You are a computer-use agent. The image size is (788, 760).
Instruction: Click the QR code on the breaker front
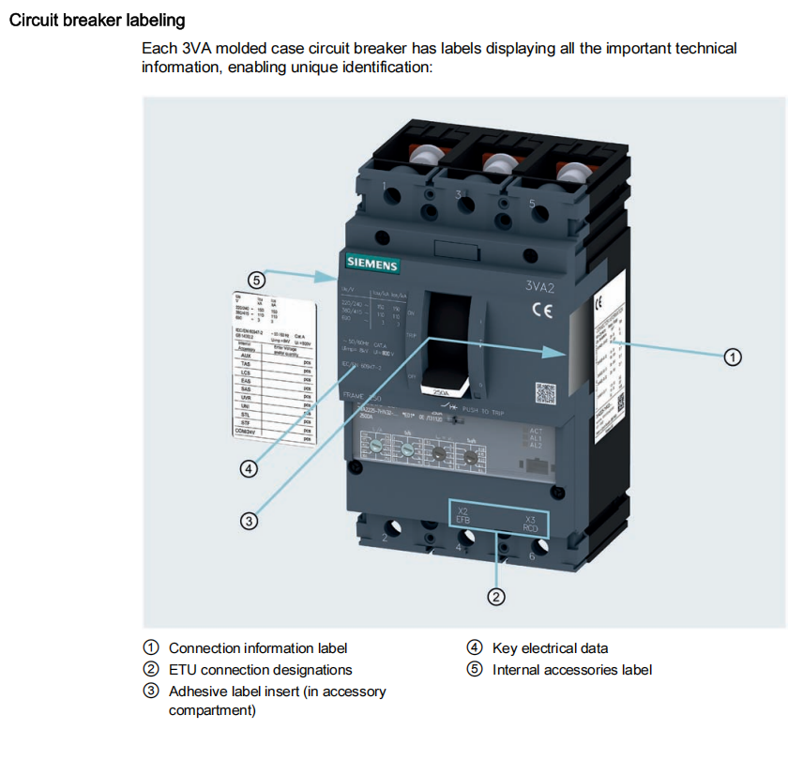(545, 394)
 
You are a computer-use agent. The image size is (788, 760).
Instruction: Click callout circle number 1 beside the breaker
(734, 357)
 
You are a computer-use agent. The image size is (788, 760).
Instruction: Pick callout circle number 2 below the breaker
(496, 596)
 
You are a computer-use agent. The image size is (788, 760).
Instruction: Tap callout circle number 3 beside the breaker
(249, 520)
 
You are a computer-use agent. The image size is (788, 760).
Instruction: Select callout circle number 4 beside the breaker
(249, 468)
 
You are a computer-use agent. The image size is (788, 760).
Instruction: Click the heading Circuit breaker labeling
(97, 20)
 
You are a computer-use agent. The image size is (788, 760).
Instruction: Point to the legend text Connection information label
(258, 648)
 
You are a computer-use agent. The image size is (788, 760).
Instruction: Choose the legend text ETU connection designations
(261, 670)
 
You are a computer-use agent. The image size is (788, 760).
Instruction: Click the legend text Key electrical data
(550, 648)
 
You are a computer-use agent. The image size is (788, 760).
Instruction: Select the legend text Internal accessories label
(572, 670)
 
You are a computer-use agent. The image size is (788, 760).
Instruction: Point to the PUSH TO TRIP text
(500, 411)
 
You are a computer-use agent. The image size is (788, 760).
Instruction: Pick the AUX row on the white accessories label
(246, 357)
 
